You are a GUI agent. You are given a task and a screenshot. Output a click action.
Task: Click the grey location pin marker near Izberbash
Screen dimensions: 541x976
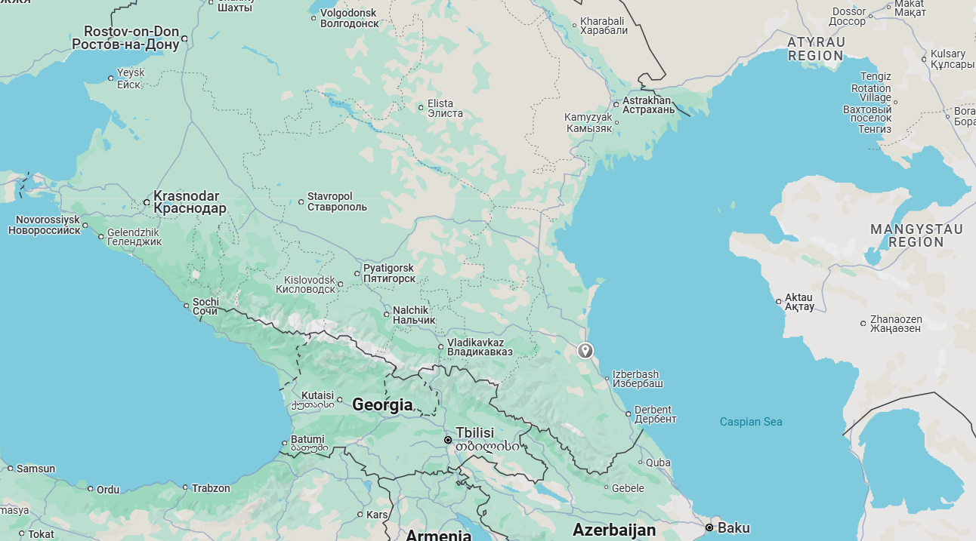tap(585, 350)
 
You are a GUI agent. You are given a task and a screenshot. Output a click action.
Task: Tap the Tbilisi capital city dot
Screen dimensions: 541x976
tap(448, 440)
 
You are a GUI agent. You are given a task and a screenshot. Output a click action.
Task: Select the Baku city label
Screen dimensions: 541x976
tap(733, 527)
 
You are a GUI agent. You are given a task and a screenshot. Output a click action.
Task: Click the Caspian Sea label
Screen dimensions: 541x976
tap(751, 422)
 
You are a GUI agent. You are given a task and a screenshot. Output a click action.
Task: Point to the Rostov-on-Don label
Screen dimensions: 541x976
tap(126, 38)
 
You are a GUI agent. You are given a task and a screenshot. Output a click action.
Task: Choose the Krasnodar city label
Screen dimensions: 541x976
tap(190, 202)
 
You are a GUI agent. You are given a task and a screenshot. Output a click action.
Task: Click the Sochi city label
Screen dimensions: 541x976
tap(205, 306)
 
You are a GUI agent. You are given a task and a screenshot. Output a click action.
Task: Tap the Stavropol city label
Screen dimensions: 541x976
tap(337, 202)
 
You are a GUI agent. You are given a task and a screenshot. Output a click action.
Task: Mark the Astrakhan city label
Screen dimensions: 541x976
tap(648, 105)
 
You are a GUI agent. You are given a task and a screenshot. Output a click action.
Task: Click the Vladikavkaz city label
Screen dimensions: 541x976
tap(480, 347)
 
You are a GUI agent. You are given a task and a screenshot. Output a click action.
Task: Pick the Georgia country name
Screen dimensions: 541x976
tap(382, 405)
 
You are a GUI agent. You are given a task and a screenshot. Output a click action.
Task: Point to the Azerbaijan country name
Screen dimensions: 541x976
tap(614, 530)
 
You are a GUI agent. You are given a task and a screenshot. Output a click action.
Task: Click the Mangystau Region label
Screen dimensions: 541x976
tap(916, 235)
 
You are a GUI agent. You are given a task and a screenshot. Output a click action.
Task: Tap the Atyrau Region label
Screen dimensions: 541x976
tap(816, 49)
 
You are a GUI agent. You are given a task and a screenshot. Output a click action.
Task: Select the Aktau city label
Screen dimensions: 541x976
tap(799, 302)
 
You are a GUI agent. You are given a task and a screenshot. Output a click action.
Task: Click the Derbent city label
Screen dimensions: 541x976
tap(653, 414)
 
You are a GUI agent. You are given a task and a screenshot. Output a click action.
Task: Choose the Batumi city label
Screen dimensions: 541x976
tap(307, 444)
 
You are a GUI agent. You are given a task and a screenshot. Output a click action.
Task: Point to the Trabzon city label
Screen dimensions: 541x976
tap(211, 488)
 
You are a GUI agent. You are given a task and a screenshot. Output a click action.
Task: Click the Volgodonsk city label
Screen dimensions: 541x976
tap(349, 18)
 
